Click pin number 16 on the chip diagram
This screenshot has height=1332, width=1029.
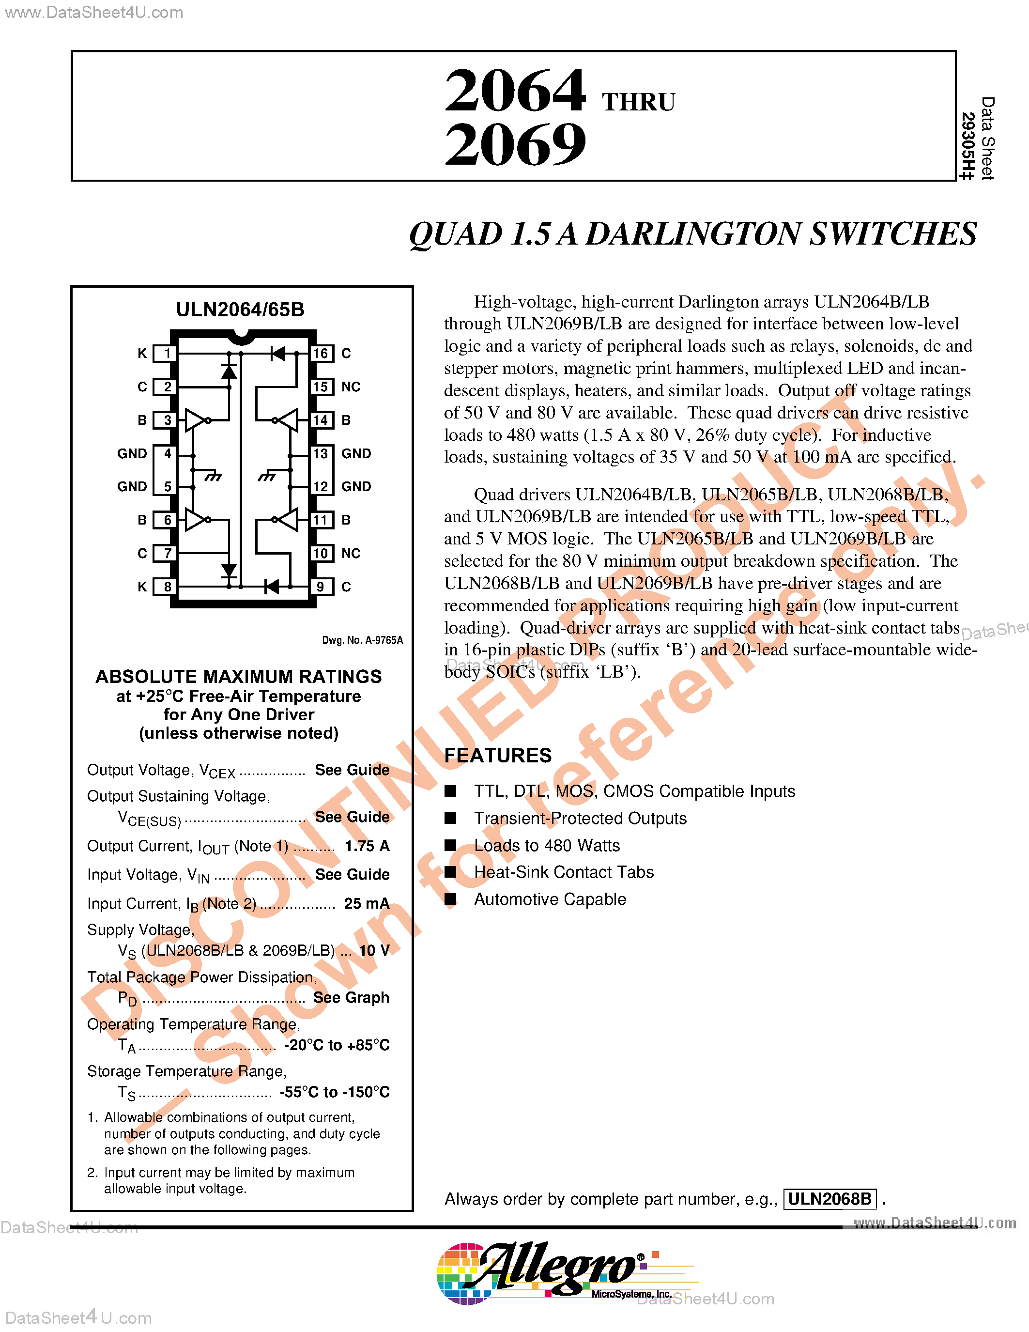pos(321,353)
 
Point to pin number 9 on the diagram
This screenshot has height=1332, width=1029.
pos(321,587)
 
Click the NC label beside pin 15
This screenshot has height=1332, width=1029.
pos(351,387)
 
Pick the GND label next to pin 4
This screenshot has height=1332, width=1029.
pos(132,453)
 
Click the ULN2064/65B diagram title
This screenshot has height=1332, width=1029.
pos(240,309)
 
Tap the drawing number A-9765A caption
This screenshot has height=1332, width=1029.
pos(362,640)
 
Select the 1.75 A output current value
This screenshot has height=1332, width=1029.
pos(367,845)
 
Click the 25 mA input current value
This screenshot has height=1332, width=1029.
pos(367,903)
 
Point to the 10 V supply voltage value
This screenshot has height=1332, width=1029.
pos(374,950)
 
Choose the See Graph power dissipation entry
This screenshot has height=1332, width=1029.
pos(351,997)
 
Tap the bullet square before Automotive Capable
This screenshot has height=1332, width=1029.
pos(450,899)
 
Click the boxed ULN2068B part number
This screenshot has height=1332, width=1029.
pos(829,1199)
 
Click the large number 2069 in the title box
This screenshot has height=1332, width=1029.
pos(515,144)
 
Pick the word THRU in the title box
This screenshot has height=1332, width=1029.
pos(638,102)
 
